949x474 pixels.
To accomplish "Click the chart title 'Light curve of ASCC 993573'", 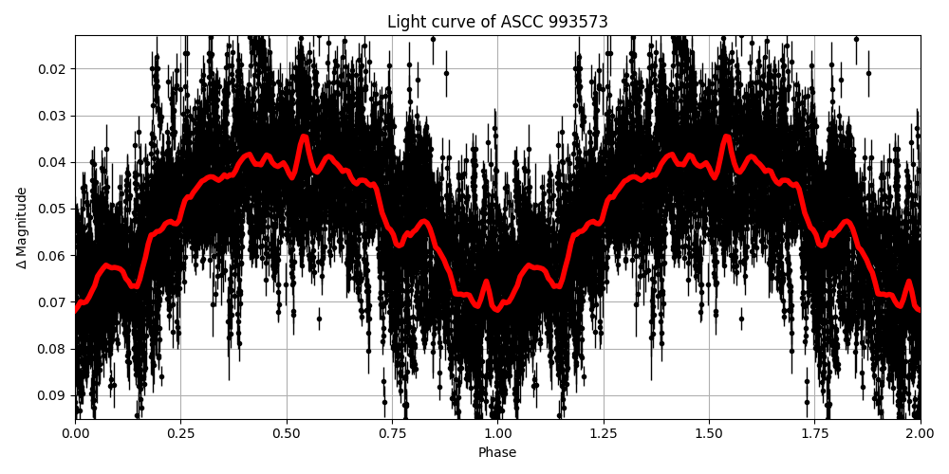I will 497,22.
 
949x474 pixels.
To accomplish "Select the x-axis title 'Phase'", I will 497,453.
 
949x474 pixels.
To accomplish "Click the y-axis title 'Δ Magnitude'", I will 22,228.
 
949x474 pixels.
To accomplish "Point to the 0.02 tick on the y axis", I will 53,69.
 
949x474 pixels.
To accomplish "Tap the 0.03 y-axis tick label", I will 53,116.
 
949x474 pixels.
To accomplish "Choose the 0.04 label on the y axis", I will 53,162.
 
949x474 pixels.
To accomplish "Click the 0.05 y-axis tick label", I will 53,209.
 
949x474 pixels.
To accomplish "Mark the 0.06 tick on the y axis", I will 53,256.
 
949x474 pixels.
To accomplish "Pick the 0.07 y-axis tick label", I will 53,302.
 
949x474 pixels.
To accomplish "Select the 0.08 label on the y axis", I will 53,349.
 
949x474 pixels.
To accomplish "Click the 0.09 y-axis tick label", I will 53,395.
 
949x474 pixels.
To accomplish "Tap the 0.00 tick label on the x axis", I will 76,433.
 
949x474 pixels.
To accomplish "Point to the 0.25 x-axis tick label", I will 287,433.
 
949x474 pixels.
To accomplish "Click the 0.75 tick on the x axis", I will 709,433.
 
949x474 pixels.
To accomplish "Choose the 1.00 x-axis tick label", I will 497,433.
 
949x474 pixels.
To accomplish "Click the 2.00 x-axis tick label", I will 920,433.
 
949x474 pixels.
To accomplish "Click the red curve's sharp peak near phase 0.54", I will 304,137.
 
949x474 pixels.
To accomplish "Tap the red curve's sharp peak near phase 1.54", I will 726,137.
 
